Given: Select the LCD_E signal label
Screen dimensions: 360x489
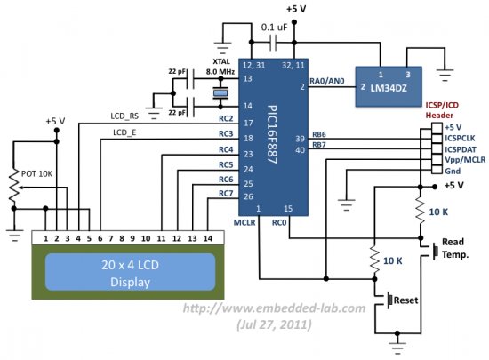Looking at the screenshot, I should [x=124, y=133].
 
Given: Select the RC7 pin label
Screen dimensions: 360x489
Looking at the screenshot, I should [x=226, y=195].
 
